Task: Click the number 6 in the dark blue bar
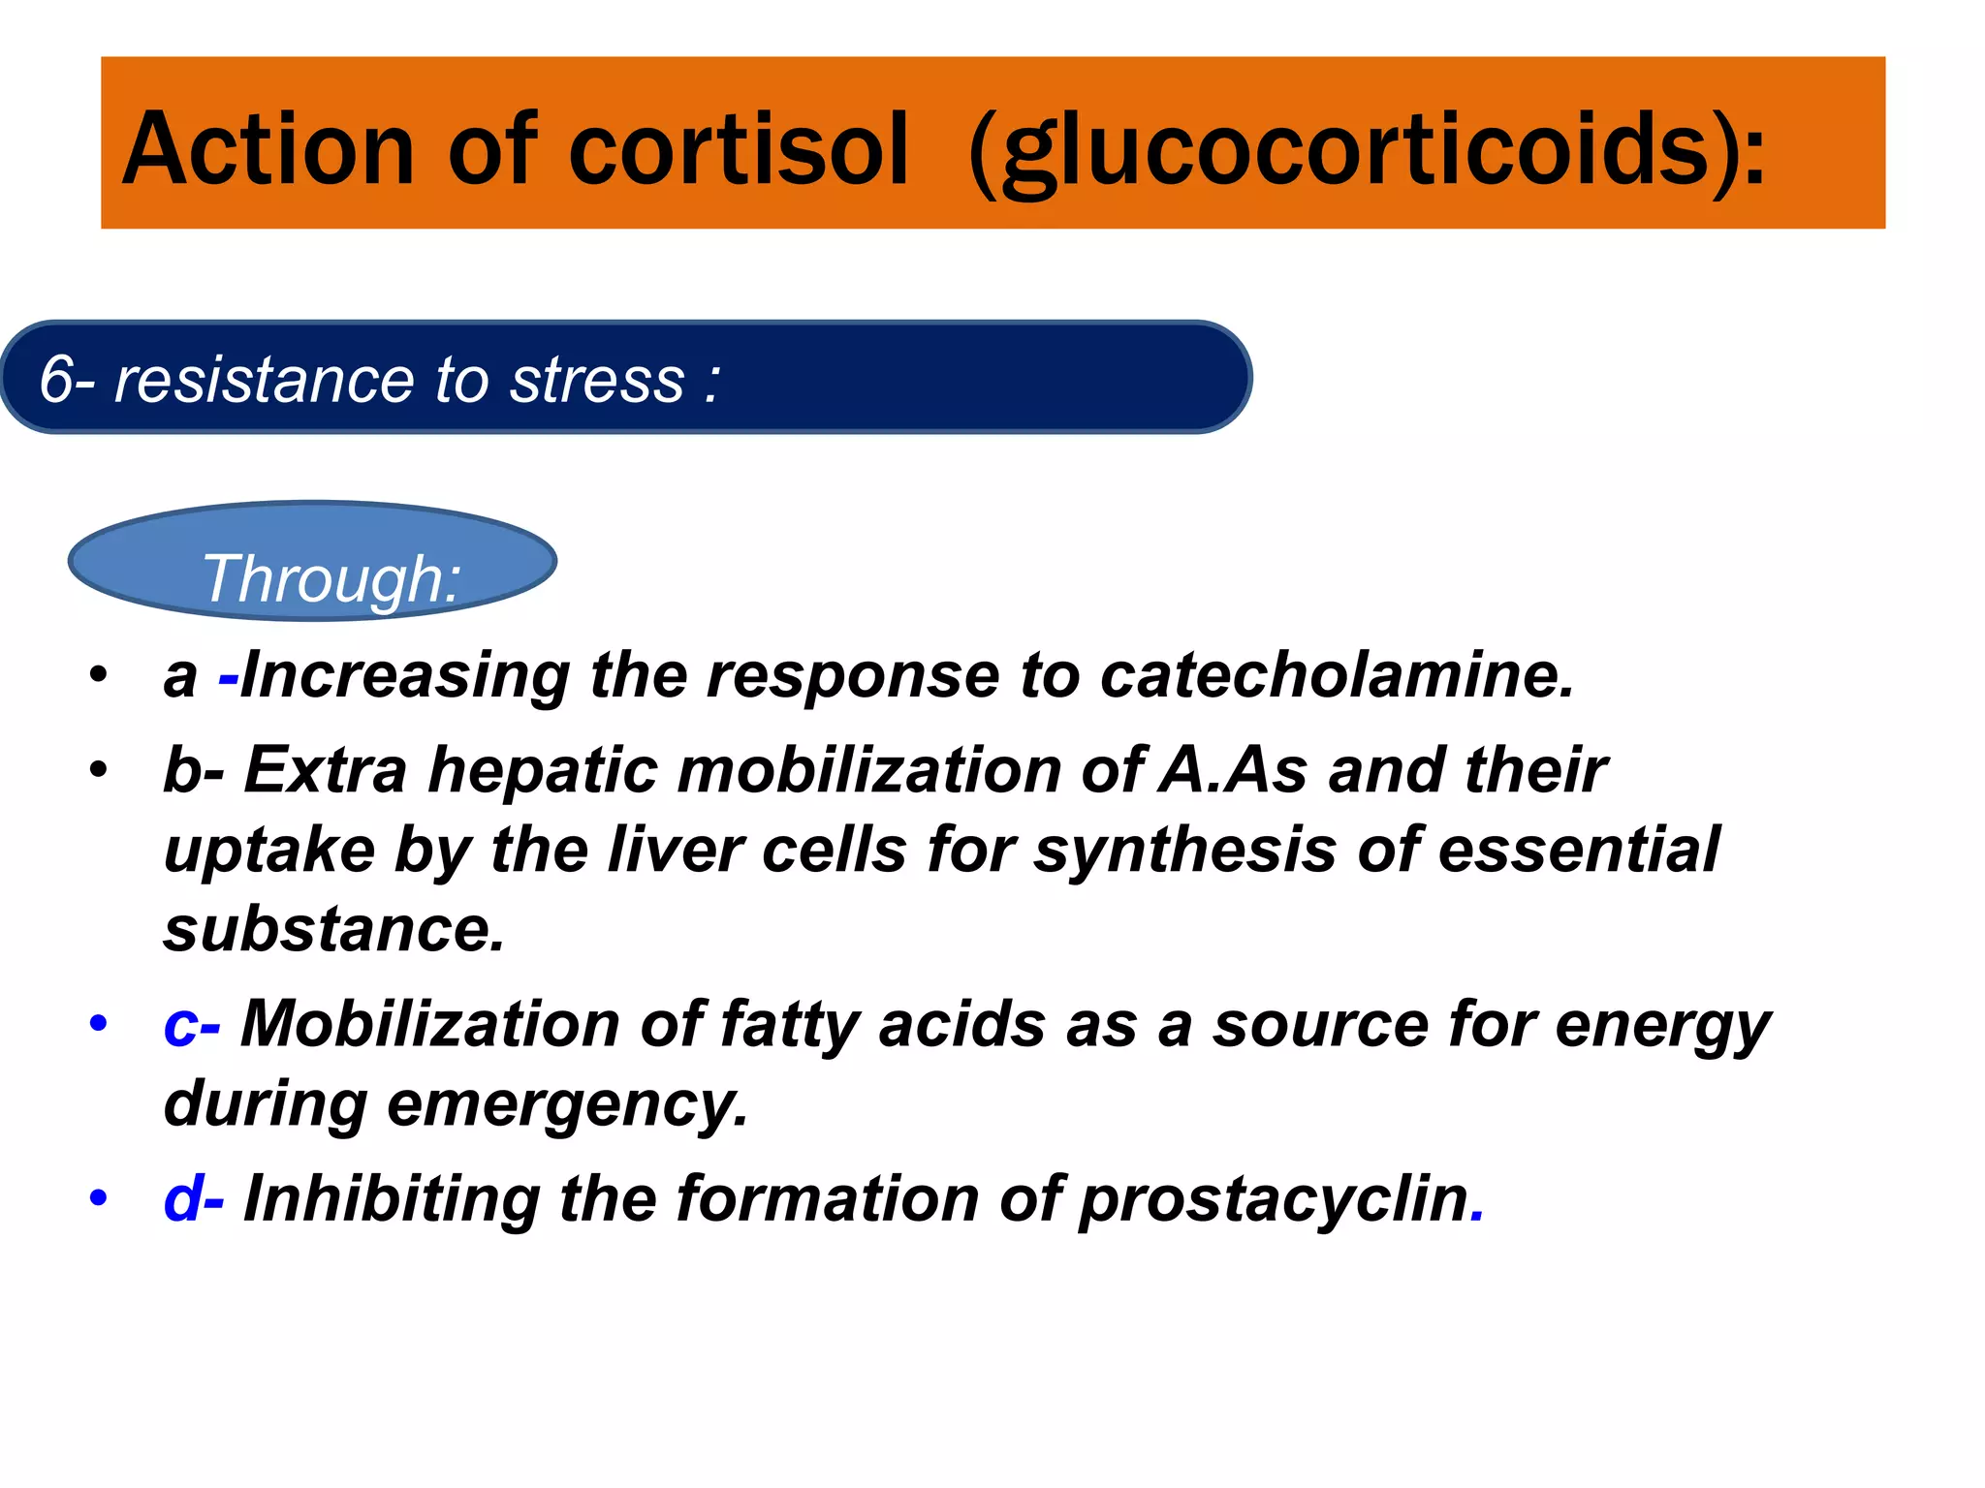(56, 379)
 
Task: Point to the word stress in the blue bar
(597, 379)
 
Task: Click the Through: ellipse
(312, 562)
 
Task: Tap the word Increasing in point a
(405, 677)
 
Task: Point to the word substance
(333, 929)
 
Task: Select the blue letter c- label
(191, 1025)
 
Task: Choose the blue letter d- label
(193, 1199)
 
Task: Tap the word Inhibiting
(392, 1199)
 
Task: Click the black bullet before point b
(97, 771)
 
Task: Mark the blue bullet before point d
(97, 1198)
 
